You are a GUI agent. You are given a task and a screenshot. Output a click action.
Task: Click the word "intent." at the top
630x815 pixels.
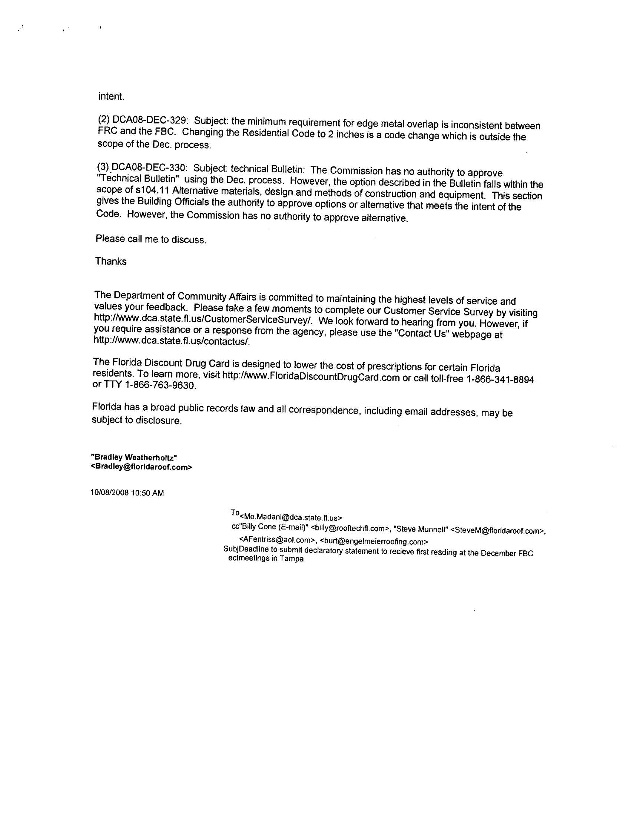pos(111,97)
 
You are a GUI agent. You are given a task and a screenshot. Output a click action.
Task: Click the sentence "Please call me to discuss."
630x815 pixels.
pos(151,239)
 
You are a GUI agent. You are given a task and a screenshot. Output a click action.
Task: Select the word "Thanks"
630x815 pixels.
pos(111,262)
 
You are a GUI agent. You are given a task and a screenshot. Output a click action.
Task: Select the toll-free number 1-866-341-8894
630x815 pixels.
pos(500,380)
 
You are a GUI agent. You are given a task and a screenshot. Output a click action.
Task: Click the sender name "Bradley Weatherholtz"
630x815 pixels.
pos(134,457)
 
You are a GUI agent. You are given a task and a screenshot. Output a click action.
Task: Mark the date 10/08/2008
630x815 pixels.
pos(109,493)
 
